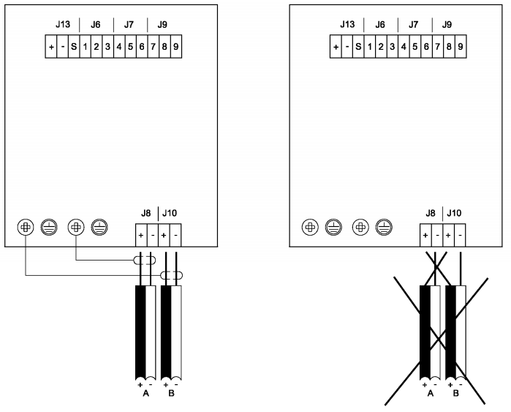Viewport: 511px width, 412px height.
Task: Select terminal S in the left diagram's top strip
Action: pos(74,48)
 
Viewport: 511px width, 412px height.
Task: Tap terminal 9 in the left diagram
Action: pos(175,48)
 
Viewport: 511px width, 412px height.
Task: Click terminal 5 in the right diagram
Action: pos(415,48)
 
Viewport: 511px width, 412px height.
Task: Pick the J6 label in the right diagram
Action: pos(379,24)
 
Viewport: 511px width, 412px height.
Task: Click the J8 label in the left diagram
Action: pos(145,214)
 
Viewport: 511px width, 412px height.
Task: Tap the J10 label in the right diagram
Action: pos(454,214)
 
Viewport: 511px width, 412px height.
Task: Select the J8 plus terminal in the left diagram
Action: pos(140,236)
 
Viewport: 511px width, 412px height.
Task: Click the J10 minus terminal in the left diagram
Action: pos(176,236)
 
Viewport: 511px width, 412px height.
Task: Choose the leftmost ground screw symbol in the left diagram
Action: pos(26,227)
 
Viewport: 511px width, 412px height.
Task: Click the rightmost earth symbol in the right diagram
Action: pos(382,227)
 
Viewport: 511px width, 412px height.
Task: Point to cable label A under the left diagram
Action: pos(145,393)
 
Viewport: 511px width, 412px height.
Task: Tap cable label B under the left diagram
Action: pos(171,393)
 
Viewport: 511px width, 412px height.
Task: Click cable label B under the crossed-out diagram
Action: pos(455,393)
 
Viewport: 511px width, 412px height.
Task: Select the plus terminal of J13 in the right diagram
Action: pos(336,48)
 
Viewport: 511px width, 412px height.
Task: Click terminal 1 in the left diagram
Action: pos(85,48)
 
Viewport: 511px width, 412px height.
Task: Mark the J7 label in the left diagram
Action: pos(129,24)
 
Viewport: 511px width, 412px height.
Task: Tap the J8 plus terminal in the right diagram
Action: pos(425,236)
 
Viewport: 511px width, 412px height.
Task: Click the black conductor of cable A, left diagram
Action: pos(140,329)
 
